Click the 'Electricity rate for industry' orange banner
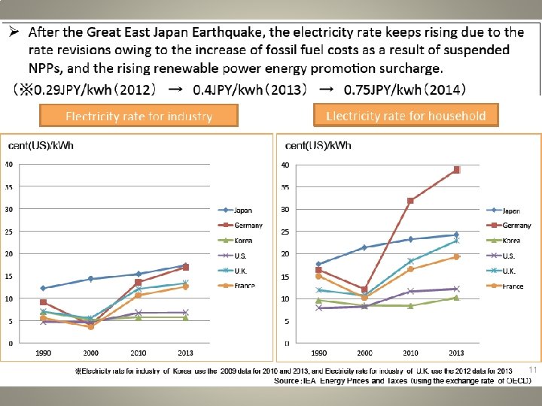139,116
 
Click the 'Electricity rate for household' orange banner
406,115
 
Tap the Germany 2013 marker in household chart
456,170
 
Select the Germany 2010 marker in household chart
410,201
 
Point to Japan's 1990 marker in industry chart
44,288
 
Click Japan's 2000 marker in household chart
364,247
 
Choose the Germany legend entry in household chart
516,226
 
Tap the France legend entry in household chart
512,286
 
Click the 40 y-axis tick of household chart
285,165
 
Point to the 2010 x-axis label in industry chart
138,352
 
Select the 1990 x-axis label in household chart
318,352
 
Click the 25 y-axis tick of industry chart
9,232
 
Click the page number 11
531,370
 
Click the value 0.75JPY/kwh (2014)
404,89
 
